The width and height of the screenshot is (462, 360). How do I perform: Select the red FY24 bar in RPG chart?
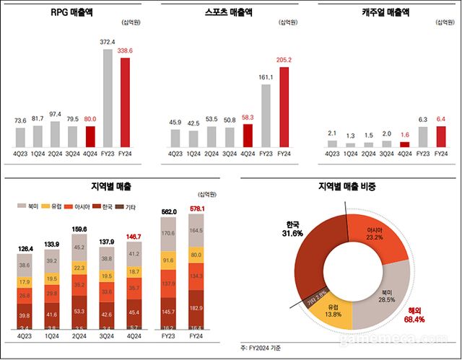124,102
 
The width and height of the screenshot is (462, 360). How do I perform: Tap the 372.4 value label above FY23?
107,42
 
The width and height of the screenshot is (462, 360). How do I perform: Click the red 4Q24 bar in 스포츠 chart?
248,135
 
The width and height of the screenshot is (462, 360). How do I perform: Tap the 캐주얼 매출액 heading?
387,13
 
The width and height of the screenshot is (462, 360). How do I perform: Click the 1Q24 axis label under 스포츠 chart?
193,154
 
